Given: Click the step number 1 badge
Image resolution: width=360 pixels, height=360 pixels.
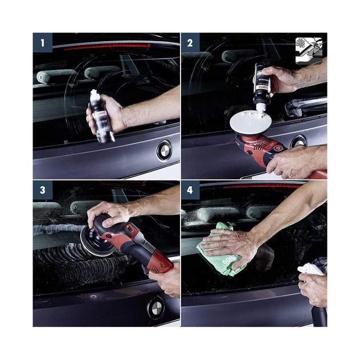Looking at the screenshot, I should click(x=42, y=42).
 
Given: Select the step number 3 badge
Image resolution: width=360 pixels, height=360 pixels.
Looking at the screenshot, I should click(x=42, y=191).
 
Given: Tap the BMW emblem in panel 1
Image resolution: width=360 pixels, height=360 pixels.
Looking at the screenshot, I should click(x=164, y=150).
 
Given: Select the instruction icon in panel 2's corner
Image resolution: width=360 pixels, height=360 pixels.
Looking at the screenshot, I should click(x=309, y=51).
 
